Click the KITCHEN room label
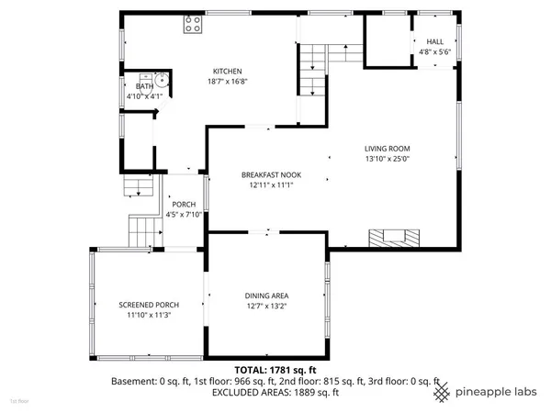coord(227,72)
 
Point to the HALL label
coord(433,41)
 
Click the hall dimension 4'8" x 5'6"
coord(433,51)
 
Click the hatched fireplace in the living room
coord(396,238)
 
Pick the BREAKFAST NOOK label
coord(271,174)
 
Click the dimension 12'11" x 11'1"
coord(271,184)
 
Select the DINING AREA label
coord(267,296)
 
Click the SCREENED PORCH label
coord(148,305)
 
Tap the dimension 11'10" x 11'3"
coord(148,315)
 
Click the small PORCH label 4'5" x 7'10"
coord(184,209)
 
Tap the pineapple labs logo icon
coord(443,390)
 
